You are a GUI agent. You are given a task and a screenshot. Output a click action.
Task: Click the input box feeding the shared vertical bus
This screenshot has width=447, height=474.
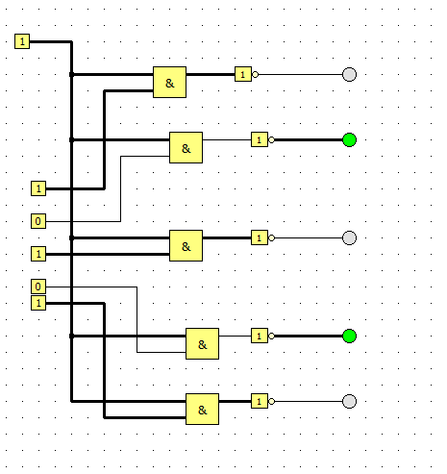tap(22, 41)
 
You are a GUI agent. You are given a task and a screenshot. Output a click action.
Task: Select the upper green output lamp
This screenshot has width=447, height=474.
tap(349, 140)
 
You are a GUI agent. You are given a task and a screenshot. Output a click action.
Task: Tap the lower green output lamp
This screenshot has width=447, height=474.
tap(349, 337)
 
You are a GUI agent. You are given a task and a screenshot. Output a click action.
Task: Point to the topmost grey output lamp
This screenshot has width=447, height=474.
tap(349, 75)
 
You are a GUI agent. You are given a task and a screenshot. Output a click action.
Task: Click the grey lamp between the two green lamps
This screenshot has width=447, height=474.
tap(349, 238)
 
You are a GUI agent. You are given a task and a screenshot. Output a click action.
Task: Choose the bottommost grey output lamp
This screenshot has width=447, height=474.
tap(349, 402)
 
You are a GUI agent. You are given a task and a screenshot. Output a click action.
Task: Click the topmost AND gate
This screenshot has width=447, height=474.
tap(169, 83)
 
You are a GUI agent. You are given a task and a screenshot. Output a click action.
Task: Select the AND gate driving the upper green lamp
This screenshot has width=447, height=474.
tap(186, 148)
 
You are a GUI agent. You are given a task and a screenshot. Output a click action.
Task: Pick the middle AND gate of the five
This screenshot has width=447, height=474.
tap(186, 246)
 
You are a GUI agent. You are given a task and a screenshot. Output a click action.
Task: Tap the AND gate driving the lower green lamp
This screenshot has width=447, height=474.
tap(202, 344)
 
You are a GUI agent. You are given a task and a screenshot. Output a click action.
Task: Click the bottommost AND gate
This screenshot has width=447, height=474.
tap(202, 410)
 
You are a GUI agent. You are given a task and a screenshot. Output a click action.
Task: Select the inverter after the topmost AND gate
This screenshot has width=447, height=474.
tap(246, 74)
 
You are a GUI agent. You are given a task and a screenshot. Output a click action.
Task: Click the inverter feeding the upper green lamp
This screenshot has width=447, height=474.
tap(262, 139)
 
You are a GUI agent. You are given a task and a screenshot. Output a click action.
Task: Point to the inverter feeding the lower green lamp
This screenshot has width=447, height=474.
tap(262, 336)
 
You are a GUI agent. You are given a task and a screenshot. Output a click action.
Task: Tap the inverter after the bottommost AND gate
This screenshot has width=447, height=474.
tap(262, 401)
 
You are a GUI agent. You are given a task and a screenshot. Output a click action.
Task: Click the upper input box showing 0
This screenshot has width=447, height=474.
tap(38, 221)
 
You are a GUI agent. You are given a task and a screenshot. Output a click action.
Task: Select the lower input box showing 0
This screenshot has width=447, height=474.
tap(38, 287)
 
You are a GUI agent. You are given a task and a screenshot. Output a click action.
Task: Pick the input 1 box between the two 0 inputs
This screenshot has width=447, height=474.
tap(38, 254)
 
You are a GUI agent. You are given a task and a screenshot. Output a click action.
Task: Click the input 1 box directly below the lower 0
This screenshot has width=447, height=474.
tap(38, 303)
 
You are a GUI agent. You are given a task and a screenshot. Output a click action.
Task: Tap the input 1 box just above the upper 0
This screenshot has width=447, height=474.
tap(38, 188)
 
